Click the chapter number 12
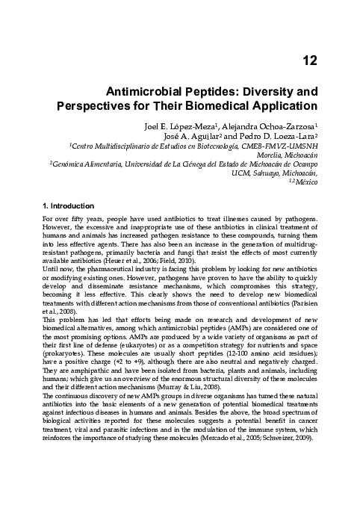[x=313, y=60]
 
